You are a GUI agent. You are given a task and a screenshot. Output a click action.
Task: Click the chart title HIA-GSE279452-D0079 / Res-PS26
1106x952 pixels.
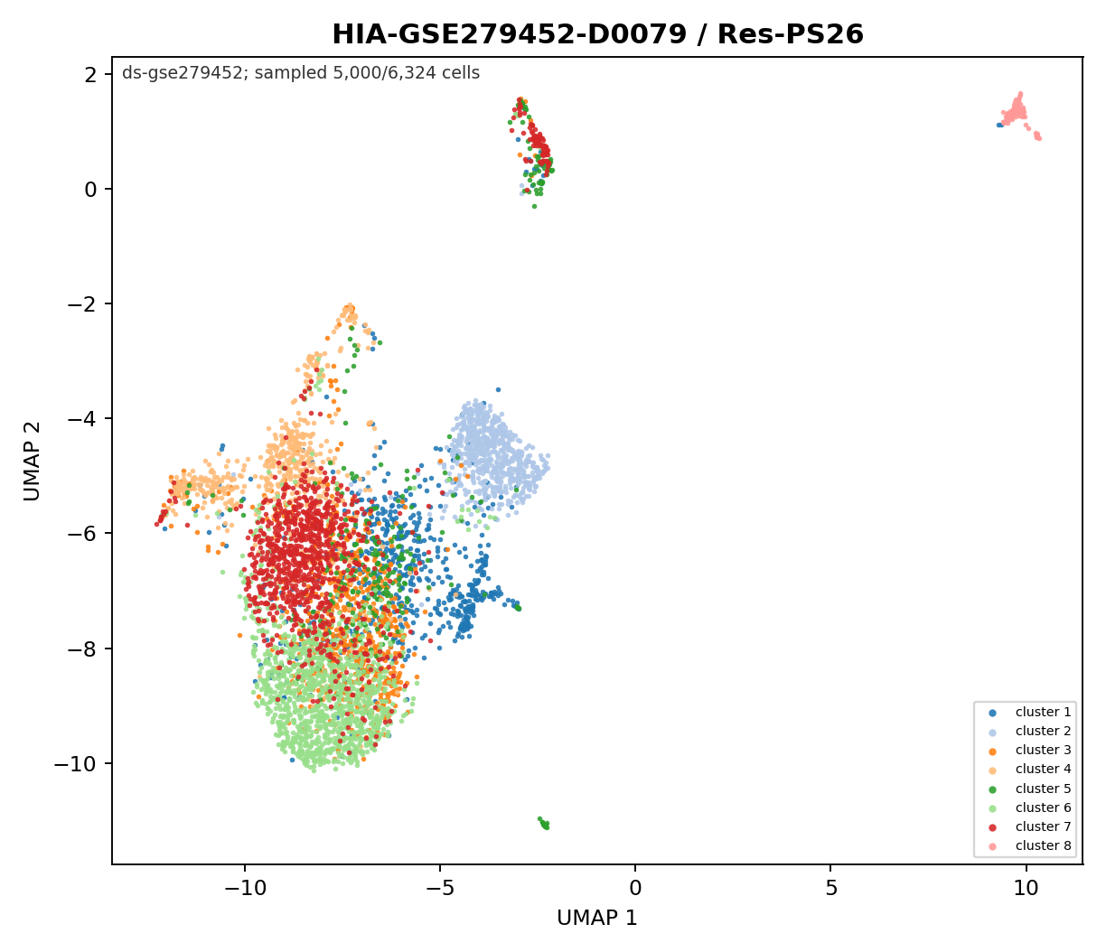point(597,34)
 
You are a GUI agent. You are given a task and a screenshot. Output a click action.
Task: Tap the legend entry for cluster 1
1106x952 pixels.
point(1029,712)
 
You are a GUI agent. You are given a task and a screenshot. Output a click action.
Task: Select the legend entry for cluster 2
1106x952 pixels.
point(1029,731)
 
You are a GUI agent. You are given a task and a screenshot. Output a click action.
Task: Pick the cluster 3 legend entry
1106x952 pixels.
point(1029,750)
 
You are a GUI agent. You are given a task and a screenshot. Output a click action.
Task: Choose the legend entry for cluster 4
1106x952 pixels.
point(1029,769)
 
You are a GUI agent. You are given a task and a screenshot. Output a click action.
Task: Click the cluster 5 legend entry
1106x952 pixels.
point(1029,789)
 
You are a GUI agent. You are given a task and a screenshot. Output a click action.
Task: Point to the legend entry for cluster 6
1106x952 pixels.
point(1029,807)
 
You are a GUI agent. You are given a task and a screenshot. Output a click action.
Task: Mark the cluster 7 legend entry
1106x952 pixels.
point(1029,826)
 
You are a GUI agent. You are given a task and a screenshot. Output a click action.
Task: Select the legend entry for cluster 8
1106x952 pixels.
point(1029,845)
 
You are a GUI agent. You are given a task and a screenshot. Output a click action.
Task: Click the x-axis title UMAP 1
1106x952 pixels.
point(597,918)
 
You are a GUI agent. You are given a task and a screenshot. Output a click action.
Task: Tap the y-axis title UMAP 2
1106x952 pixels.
point(32,461)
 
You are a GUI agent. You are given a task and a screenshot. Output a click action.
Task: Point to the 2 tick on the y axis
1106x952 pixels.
point(91,74)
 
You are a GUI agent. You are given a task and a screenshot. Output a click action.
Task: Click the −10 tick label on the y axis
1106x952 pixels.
point(75,764)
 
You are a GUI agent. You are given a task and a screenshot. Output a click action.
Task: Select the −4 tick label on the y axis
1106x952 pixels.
point(82,419)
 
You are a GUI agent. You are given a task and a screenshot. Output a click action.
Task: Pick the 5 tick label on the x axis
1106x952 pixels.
point(830,889)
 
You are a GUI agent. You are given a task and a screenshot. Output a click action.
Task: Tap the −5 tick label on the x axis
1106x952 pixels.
point(440,889)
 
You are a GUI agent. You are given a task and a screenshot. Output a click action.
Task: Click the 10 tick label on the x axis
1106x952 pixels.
point(1026,889)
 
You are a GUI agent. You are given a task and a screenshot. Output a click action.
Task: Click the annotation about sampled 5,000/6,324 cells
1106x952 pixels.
point(301,73)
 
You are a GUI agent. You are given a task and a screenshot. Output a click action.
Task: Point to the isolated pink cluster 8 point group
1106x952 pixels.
point(1018,115)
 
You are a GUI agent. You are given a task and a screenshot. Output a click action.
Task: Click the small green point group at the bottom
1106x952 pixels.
point(544,824)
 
